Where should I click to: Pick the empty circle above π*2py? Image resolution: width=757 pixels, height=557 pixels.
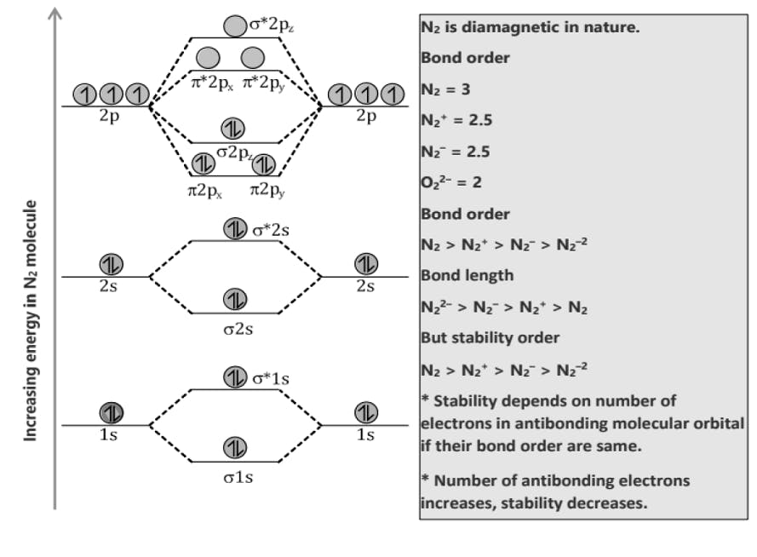[252, 58]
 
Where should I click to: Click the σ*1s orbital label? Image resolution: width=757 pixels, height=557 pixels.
[271, 377]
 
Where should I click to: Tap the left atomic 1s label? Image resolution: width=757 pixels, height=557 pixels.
[108, 435]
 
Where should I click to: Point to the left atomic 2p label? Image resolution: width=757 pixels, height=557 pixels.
[109, 117]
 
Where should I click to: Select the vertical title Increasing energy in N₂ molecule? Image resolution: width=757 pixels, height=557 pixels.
[31, 320]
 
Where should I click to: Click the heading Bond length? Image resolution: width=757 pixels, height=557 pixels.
[467, 276]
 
